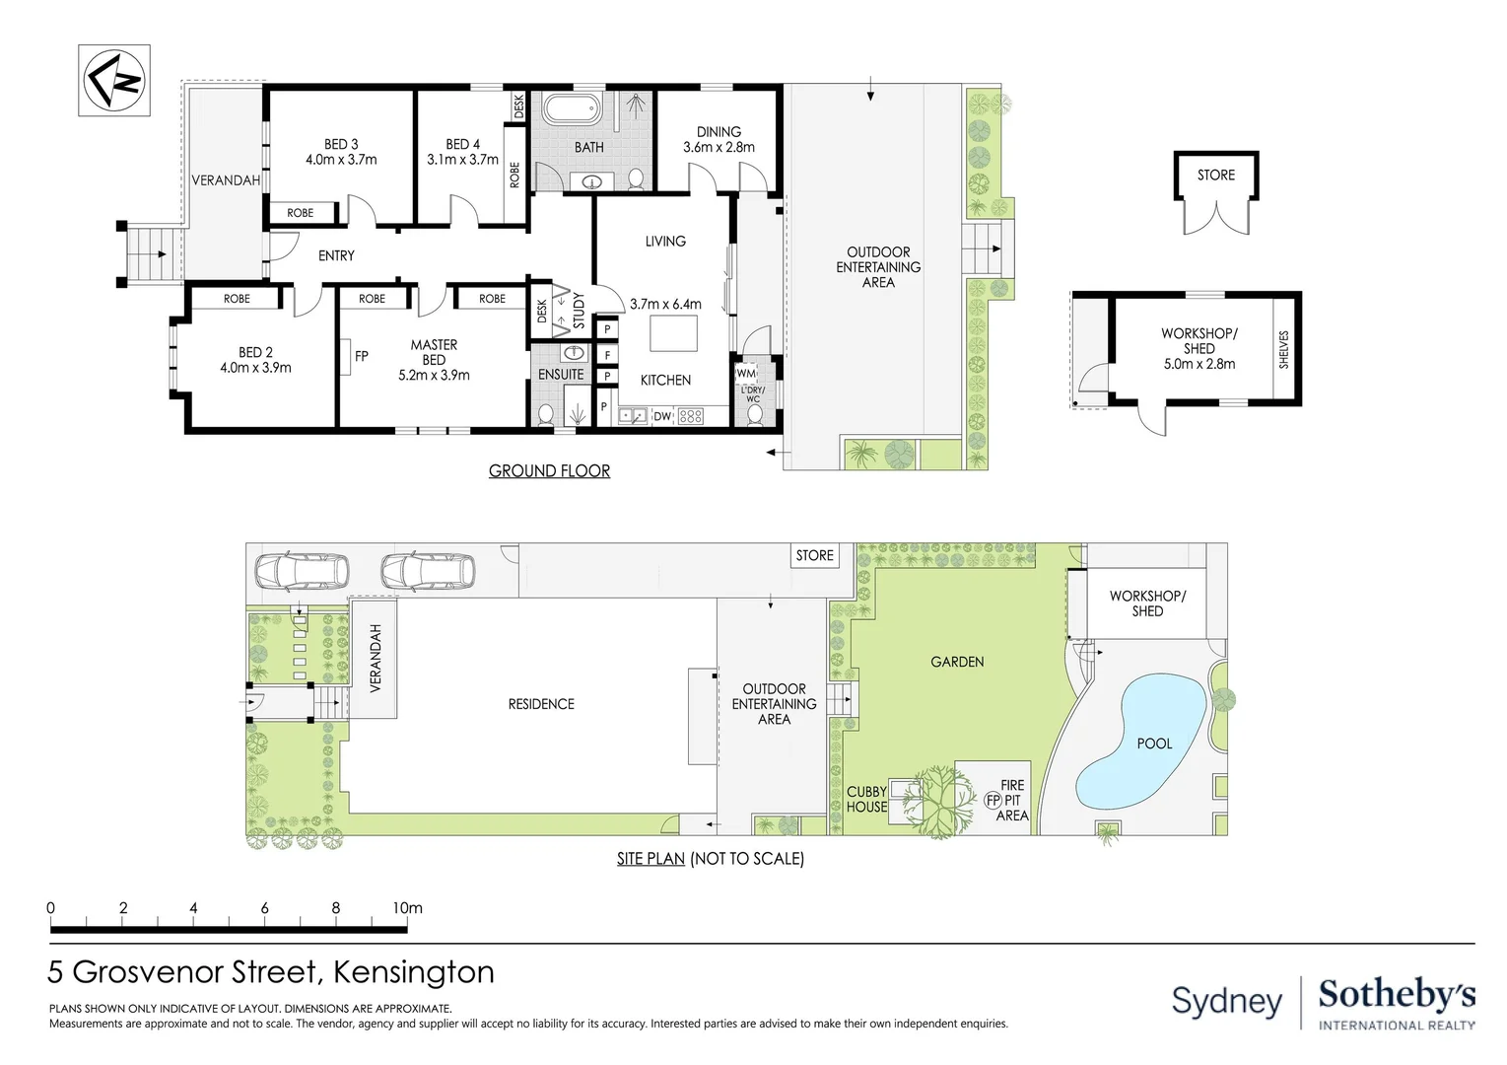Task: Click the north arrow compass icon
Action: click(114, 81)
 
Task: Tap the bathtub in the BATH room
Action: click(570, 108)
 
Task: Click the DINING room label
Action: click(719, 132)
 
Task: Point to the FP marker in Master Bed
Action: click(361, 356)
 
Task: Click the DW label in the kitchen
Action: click(662, 417)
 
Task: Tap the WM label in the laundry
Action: click(746, 374)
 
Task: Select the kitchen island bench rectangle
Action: click(673, 333)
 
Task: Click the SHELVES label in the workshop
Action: click(1283, 349)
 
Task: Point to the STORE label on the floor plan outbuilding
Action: click(1215, 176)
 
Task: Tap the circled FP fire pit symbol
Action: click(993, 801)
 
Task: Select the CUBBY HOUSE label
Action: click(866, 799)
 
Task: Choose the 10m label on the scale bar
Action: click(407, 908)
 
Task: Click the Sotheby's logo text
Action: click(1397, 995)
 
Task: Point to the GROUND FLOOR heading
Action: click(549, 471)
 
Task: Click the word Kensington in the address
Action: click(414, 972)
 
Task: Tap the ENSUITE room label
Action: click(561, 375)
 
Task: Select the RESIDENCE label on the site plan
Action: click(541, 704)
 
